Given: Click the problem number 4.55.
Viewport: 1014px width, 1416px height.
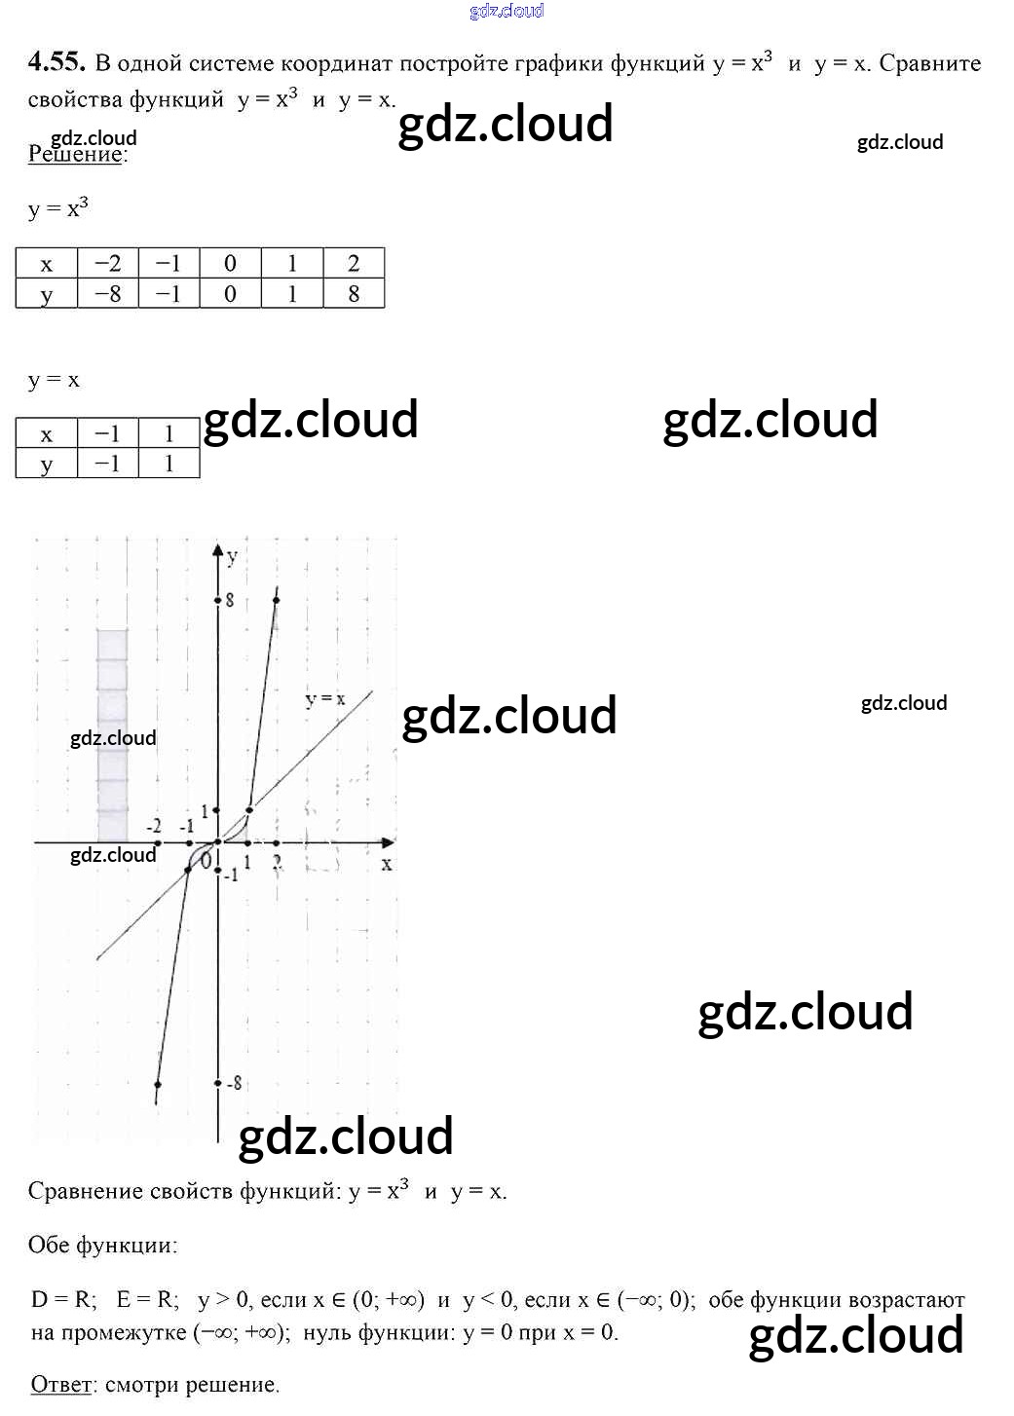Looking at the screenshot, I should [x=56, y=62].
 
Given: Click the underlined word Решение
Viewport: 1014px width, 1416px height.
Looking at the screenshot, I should [x=75, y=154].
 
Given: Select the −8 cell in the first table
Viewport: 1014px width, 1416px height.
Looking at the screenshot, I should [x=108, y=293].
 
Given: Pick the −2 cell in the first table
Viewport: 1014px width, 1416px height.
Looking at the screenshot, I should [x=108, y=263].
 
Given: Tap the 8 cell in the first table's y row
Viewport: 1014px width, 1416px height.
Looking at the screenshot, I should [x=354, y=293].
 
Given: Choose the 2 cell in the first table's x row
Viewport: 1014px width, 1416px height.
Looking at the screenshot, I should [x=354, y=263].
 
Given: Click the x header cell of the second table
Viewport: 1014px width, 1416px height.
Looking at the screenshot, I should [x=46, y=434].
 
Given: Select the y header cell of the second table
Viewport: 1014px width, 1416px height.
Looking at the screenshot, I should [x=46, y=465].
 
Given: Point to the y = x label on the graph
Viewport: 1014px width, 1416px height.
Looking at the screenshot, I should [x=325, y=699].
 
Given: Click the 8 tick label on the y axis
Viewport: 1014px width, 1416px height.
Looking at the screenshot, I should [x=230, y=600].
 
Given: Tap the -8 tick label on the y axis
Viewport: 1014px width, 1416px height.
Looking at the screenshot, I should [x=234, y=1083].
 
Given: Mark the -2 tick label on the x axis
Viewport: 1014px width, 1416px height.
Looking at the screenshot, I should [x=154, y=826].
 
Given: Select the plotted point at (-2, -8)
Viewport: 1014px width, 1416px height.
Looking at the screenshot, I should [x=158, y=1084].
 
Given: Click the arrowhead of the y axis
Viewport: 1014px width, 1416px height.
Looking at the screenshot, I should [x=218, y=551].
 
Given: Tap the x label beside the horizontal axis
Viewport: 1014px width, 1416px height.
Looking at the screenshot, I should [x=387, y=864].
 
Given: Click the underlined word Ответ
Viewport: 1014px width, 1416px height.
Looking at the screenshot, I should [x=61, y=1384].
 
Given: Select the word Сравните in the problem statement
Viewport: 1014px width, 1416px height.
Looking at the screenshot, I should [x=929, y=63].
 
